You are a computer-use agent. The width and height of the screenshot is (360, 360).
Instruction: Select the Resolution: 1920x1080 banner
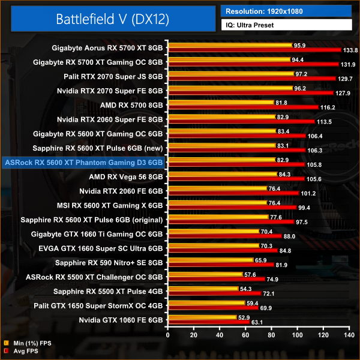(x=286, y=11)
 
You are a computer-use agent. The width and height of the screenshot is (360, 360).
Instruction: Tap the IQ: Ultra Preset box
(x=286, y=25)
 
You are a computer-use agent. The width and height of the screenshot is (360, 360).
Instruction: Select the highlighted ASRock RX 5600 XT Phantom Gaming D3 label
(x=83, y=162)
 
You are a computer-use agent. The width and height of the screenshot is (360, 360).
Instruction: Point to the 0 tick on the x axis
(x=169, y=334)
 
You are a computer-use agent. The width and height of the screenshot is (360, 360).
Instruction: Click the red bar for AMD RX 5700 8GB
(x=244, y=107)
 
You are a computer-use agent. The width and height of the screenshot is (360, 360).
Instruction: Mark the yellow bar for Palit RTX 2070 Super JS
(x=231, y=74)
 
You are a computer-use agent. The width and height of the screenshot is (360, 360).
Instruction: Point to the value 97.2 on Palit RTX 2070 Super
(x=302, y=74)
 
